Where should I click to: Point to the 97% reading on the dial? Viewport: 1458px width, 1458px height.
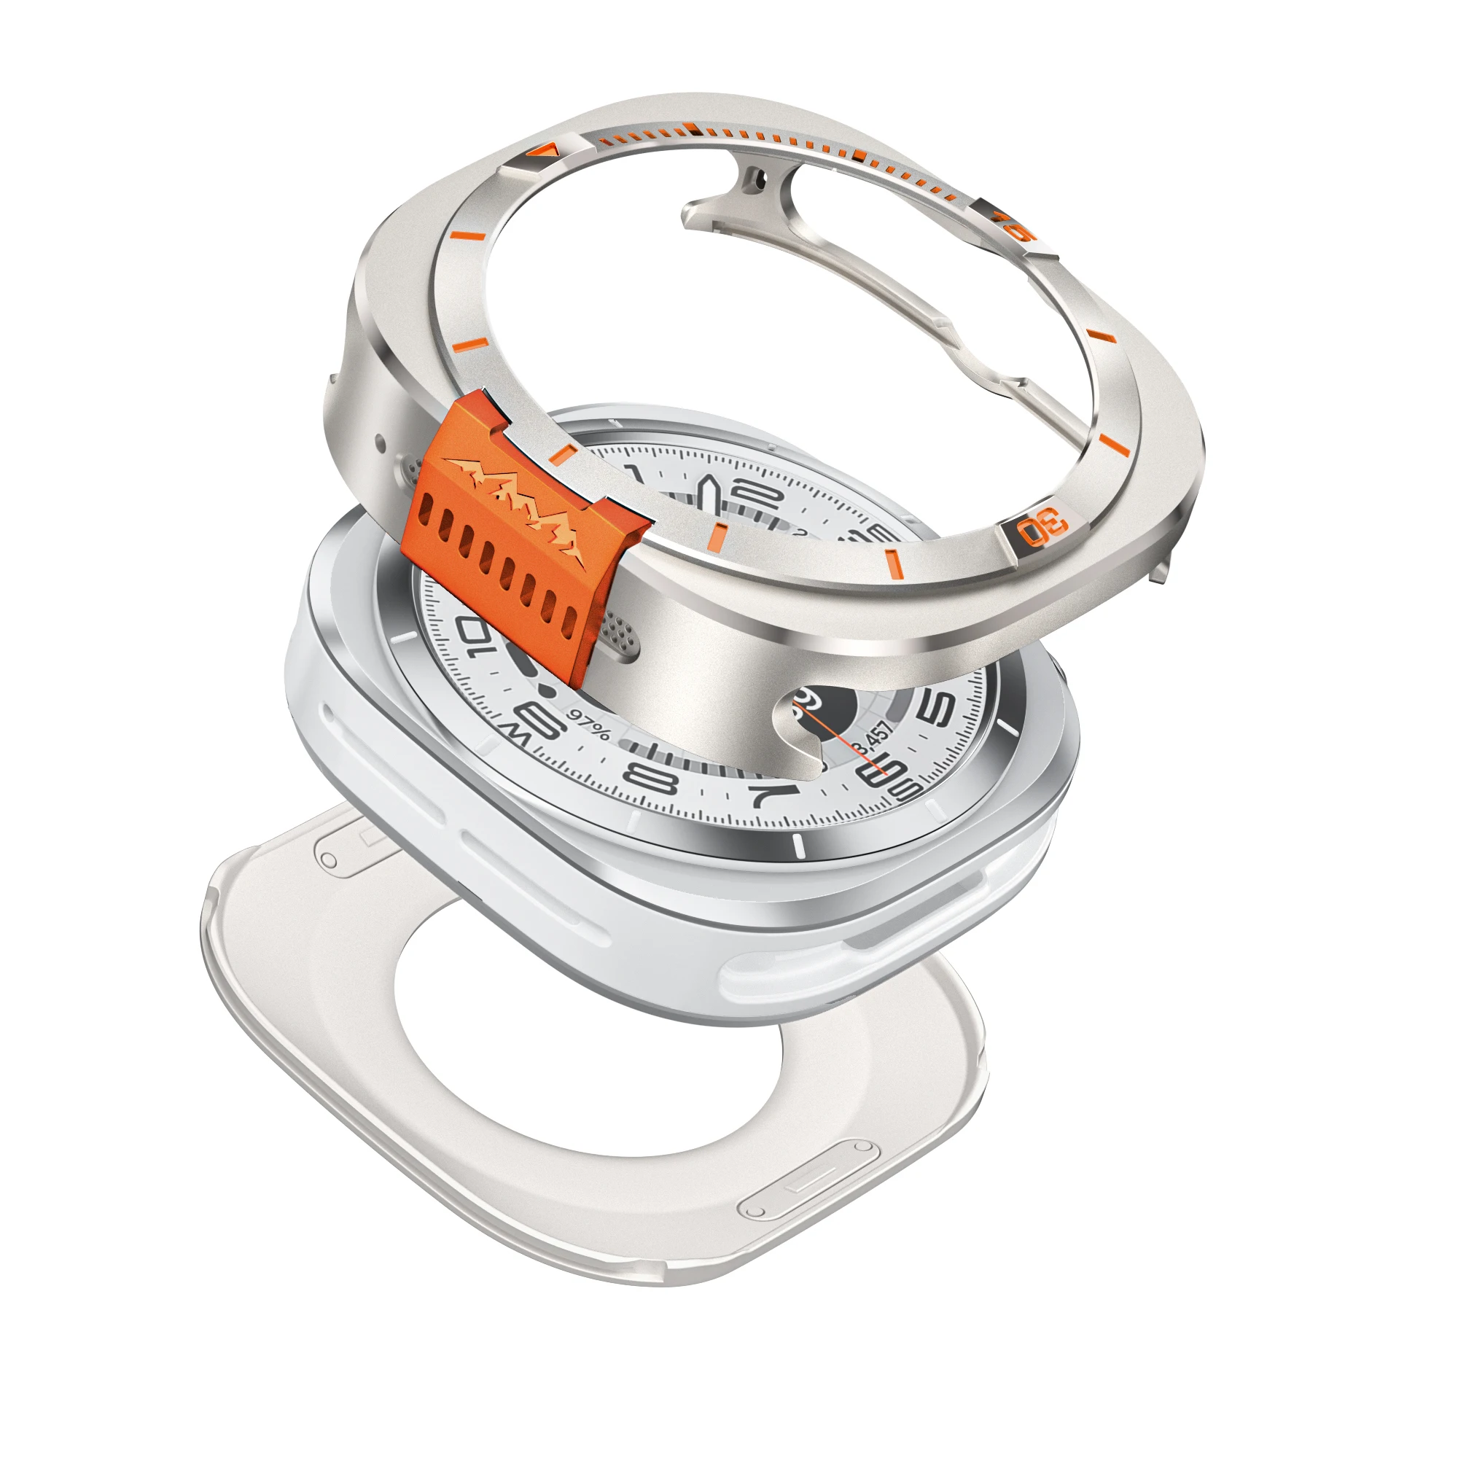[x=589, y=725]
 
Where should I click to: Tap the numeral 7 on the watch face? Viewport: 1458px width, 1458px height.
[x=775, y=792]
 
